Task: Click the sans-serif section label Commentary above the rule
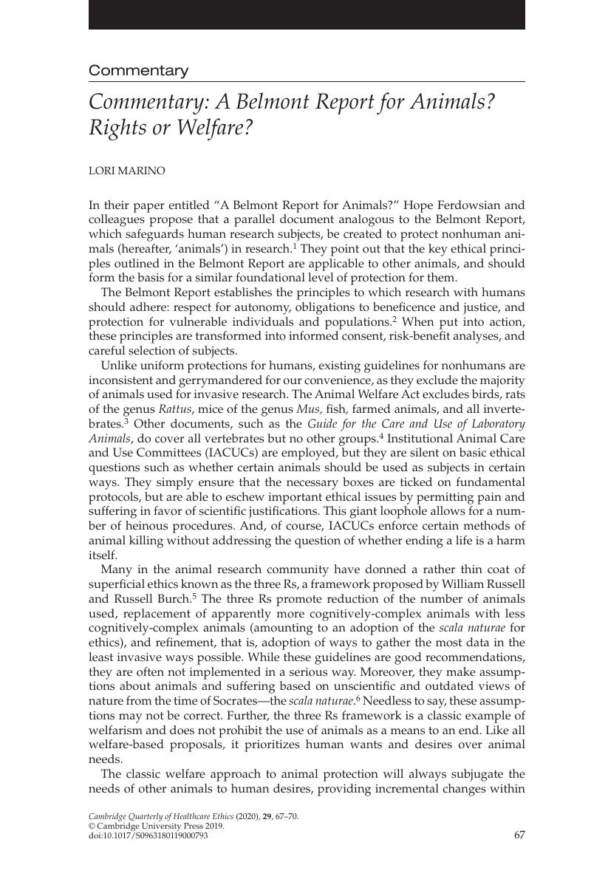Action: pos(138,71)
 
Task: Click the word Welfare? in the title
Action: pos(213,128)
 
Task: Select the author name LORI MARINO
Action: pos(127,171)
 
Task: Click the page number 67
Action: pos(519,835)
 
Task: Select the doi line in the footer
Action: pos(148,835)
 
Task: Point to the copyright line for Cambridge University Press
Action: pos(156,826)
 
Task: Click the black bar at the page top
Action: pos(307,14)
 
